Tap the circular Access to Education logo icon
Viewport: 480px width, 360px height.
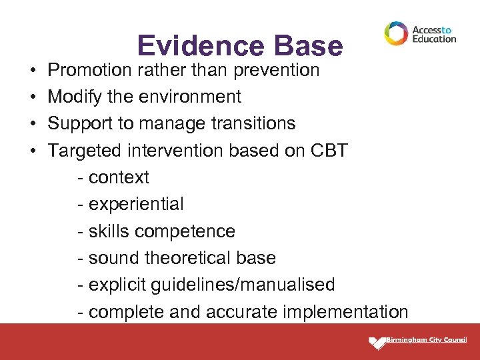click(396, 33)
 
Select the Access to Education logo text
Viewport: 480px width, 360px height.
click(434, 34)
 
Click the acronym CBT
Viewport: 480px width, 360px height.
click(329, 151)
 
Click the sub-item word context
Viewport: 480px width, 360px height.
click(119, 177)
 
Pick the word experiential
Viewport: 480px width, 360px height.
click(135, 204)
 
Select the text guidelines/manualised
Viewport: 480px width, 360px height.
click(243, 285)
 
